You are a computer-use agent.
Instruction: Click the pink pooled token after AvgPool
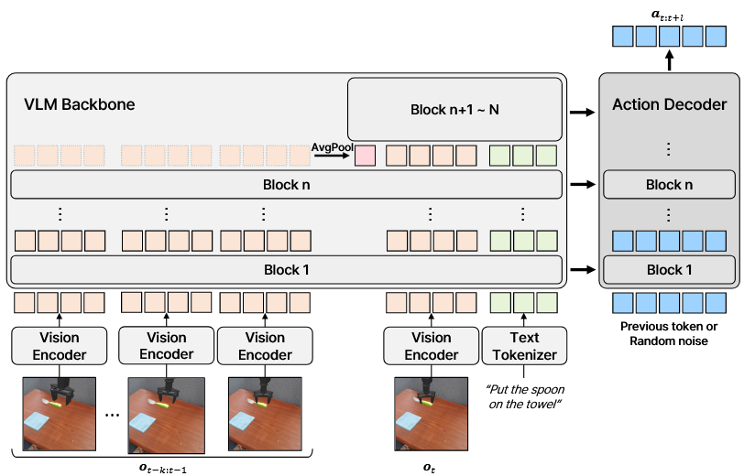[x=365, y=155]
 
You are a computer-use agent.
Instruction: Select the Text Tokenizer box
[x=524, y=345]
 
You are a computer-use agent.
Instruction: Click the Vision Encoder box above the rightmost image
[x=431, y=345]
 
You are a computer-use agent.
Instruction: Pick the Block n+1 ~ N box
[x=454, y=110]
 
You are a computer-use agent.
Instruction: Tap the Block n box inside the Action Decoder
[x=669, y=185]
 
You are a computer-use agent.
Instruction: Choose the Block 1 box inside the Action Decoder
[x=669, y=270]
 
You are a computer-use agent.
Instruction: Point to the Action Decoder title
[x=669, y=105]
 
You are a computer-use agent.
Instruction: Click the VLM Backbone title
[x=80, y=104]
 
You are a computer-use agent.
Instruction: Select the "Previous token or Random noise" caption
[x=669, y=334]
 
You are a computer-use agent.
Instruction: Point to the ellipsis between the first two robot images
[x=113, y=414]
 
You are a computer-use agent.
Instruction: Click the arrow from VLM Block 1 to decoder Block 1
[x=579, y=270]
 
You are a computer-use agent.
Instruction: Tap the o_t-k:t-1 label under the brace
[x=162, y=467]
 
